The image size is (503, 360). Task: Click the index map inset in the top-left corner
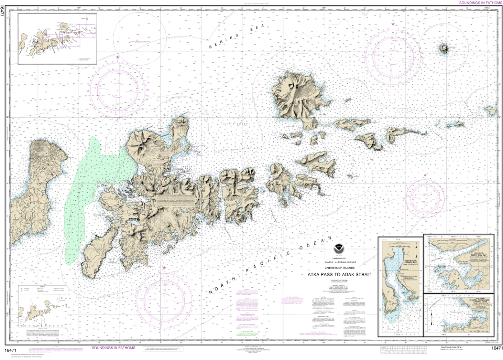pos(57,38)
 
